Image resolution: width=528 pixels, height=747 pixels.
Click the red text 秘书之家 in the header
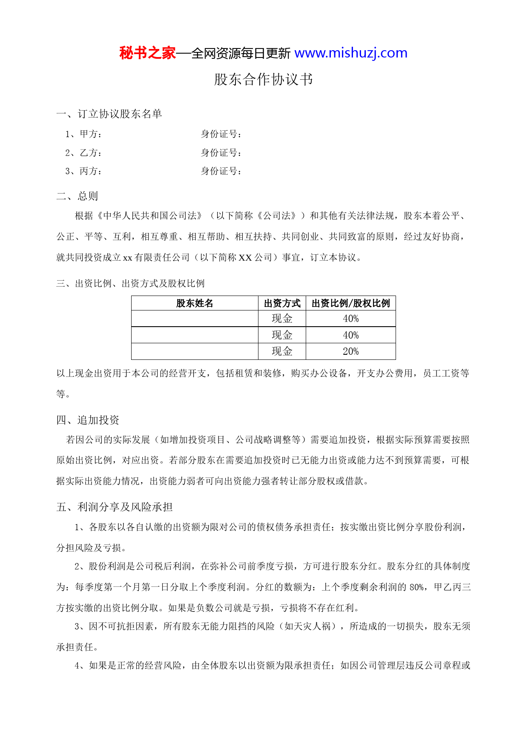click(x=147, y=53)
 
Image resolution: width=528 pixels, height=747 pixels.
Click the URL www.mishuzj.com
click(x=351, y=53)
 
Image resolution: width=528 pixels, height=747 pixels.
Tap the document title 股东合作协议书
click(x=264, y=80)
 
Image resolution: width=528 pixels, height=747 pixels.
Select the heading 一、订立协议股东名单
click(x=109, y=114)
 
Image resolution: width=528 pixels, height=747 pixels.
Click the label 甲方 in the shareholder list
click(x=90, y=134)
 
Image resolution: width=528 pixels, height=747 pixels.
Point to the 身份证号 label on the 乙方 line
click(x=221, y=152)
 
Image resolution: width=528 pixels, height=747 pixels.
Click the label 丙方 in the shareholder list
click(x=90, y=171)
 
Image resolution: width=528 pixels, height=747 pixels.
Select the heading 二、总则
click(x=77, y=196)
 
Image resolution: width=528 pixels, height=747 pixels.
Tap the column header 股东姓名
click(x=195, y=303)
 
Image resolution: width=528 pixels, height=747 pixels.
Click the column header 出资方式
click(x=282, y=303)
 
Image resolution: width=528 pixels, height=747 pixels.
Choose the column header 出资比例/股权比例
click(x=351, y=303)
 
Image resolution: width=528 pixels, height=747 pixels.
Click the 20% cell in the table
click(x=351, y=351)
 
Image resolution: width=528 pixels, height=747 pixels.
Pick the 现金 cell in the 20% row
click(x=282, y=351)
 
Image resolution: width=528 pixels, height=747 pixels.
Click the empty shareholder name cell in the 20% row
click(x=195, y=351)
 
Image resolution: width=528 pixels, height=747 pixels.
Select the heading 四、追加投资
click(x=88, y=420)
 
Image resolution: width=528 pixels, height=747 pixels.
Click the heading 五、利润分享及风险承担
click(x=115, y=507)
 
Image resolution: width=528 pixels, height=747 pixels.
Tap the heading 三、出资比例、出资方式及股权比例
click(x=131, y=284)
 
